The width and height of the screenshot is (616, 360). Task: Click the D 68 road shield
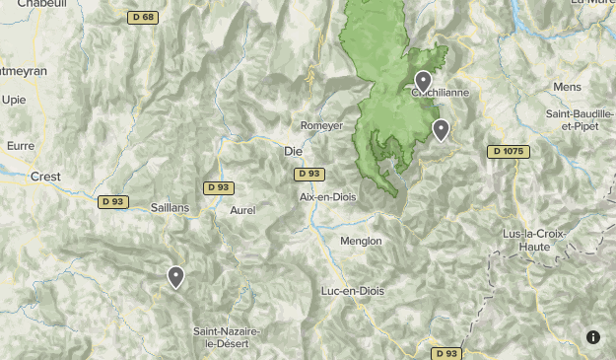tap(143, 18)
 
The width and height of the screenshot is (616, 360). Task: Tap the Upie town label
tap(14, 100)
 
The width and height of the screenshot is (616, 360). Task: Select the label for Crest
tap(44, 177)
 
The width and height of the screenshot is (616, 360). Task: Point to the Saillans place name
tap(170, 208)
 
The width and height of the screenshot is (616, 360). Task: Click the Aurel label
tap(242, 210)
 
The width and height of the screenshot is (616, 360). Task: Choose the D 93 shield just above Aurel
tap(219, 187)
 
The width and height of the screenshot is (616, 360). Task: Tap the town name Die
tap(293, 152)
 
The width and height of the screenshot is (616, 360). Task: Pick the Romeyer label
tap(321, 126)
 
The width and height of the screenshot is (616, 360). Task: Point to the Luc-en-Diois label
tap(352, 291)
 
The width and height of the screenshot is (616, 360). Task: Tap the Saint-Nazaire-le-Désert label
tap(227, 337)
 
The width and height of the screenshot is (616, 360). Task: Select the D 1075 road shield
tap(509, 152)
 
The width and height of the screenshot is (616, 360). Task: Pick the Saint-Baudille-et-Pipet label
tap(580, 120)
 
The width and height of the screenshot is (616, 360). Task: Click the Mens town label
tap(568, 87)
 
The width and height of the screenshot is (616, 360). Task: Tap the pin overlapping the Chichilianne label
tap(423, 81)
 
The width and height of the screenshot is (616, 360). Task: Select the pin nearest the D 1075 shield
tap(442, 129)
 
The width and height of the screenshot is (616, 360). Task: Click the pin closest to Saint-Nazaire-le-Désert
tap(176, 277)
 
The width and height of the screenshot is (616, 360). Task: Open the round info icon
tap(593, 337)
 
